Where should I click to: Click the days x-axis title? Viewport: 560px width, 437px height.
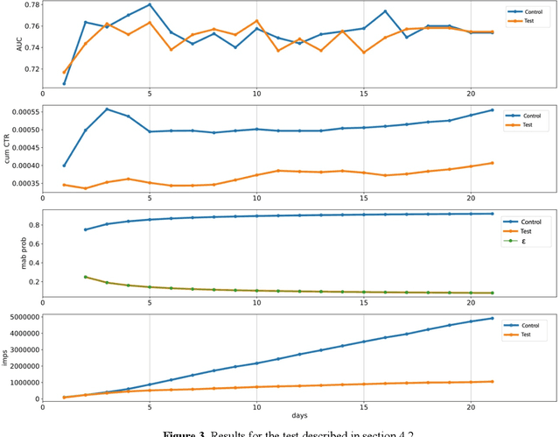299,414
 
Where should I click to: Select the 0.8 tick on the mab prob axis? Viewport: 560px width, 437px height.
31,225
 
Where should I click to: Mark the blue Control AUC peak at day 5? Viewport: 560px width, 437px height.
150,4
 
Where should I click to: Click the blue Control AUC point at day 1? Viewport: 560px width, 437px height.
64,84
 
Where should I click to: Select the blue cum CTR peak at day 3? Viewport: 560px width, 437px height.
107,109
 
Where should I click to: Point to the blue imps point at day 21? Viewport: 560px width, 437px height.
492,319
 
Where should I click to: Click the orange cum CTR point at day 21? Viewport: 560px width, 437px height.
492,163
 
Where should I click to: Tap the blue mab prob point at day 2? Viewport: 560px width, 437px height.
86,229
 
